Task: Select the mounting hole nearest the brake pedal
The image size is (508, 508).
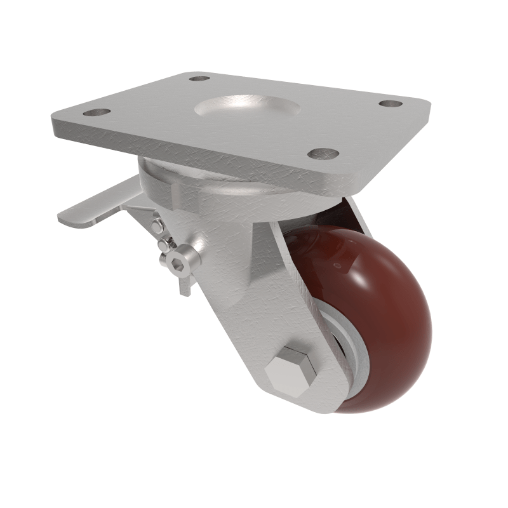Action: (x=97, y=112)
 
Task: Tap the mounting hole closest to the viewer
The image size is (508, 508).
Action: (x=323, y=153)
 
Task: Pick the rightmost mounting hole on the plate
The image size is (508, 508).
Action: (x=391, y=103)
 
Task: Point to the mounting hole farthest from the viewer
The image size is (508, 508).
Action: (x=199, y=78)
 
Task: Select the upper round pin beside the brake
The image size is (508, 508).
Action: (x=157, y=224)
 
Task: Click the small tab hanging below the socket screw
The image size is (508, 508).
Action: (x=184, y=284)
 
